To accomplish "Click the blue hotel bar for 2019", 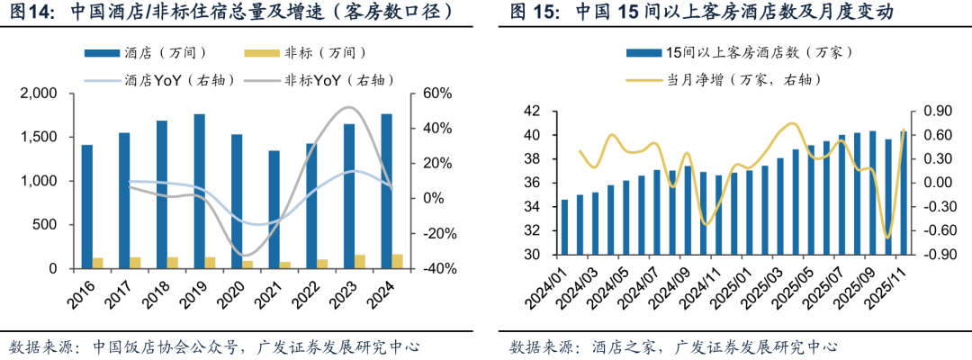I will pos(199,191).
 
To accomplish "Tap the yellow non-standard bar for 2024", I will pos(398,261).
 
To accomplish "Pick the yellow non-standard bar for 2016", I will pos(98,263).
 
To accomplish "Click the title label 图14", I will pos(32,13).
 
